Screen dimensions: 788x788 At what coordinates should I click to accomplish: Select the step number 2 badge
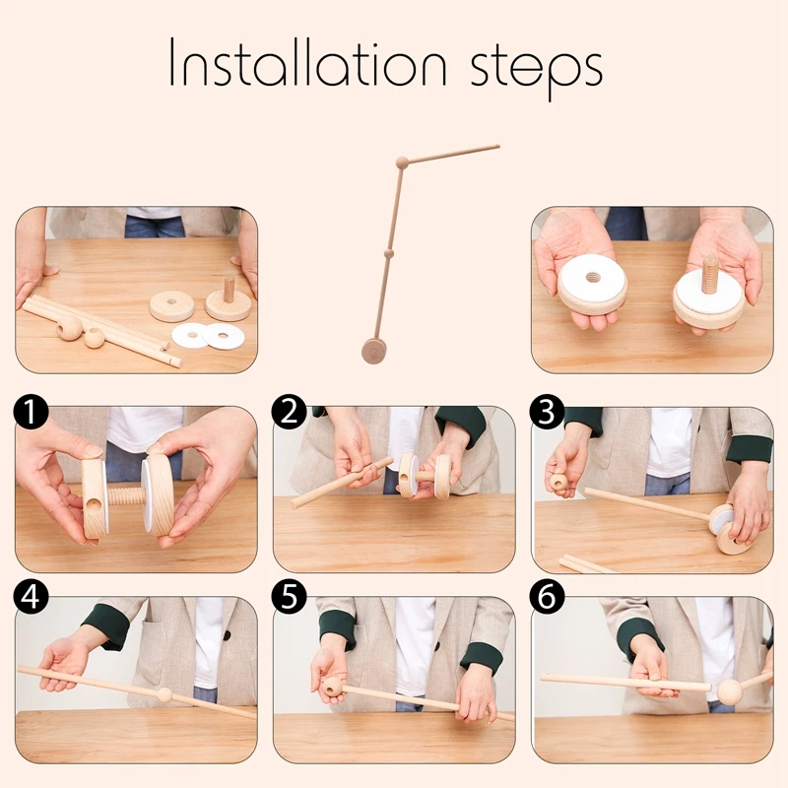coord(288,412)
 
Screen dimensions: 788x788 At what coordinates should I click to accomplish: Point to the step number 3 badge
coord(547,412)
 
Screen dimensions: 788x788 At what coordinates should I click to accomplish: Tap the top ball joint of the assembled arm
coord(401,163)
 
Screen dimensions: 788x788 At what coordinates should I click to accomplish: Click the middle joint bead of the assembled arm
coord(388,253)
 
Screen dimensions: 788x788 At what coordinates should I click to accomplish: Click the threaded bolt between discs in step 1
coord(124,494)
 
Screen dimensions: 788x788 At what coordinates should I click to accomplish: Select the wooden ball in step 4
coord(164,695)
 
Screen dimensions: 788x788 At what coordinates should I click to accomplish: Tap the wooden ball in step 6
coord(729,692)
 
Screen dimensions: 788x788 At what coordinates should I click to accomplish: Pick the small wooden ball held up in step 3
coord(559,483)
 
